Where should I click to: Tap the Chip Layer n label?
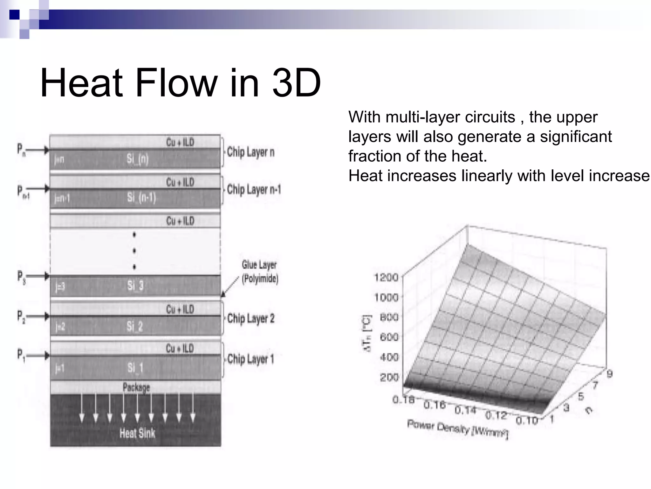pyautogui.click(x=250, y=152)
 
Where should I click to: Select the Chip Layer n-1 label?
pyautogui.click(x=254, y=190)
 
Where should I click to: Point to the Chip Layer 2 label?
pyautogui.click(x=251, y=318)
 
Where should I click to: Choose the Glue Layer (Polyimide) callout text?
pyautogui.click(x=260, y=272)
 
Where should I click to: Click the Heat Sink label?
pyautogui.click(x=137, y=433)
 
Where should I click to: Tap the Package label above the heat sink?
pyautogui.click(x=136, y=387)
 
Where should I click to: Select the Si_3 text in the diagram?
pyautogui.click(x=135, y=286)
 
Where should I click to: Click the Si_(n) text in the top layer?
pyautogui.click(x=138, y=159)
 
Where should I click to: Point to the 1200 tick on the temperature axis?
pyautogui.click(x=386, y=277)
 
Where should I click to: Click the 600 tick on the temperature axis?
pyautogui.click(x=389, y=337)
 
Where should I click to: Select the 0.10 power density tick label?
pyautogui.click(x=527, y=421)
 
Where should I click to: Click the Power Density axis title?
pyautogui.click(x=458, y=429)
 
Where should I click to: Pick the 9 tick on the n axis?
pyautogui.click(x=609, y=373)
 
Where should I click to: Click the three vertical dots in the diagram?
pyautogui.click(x=134, y=251)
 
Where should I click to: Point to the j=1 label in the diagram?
pyautogui.click(x=60, y=368)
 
